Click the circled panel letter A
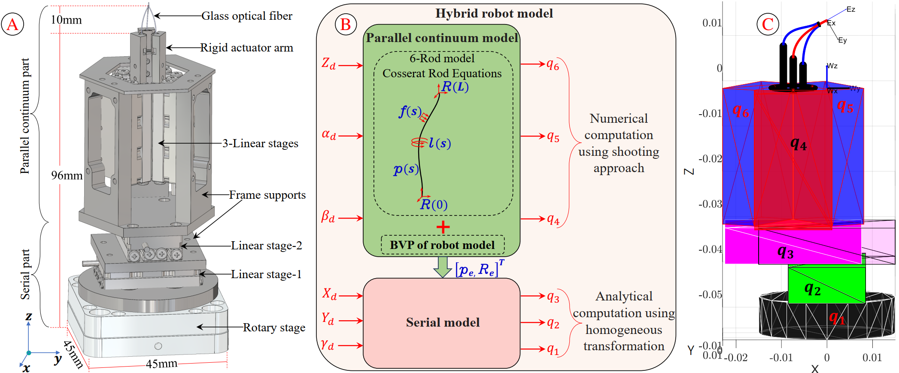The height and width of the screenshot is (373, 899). pos(12,24)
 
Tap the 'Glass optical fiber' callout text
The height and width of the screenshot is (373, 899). pos(246,16)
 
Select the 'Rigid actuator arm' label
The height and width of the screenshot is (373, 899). pos(246,48)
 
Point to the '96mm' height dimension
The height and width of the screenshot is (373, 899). pos(67,176)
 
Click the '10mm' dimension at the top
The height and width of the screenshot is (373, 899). pos(66,20)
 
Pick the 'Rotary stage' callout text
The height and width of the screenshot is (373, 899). pos(274,328)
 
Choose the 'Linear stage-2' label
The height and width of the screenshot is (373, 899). pos(266,246)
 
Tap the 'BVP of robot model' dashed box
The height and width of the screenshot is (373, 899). pos(442,245)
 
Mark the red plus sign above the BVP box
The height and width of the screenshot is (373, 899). pos(443,227)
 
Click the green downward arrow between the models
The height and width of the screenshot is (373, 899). pos(442,267)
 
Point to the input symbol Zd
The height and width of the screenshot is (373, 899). pos(329,64)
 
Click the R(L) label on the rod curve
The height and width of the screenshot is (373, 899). pos(455,87)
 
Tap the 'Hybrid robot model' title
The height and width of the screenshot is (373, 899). pos(494,14)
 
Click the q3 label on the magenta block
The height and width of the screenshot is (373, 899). pos(785,252)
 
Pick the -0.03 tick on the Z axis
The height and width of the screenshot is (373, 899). pos(710,204)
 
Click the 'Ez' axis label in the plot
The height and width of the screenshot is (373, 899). pos(850,9)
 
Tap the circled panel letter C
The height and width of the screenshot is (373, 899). pos(768,24)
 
